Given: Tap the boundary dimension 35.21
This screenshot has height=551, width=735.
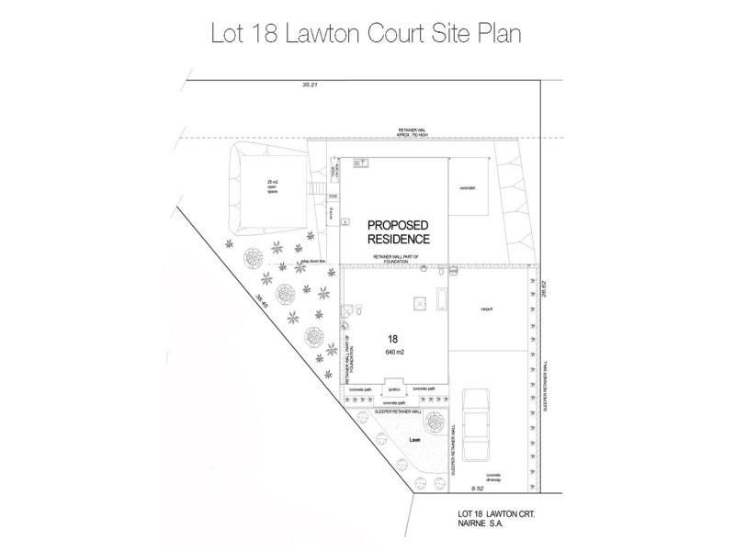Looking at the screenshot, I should tap(308, 85).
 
